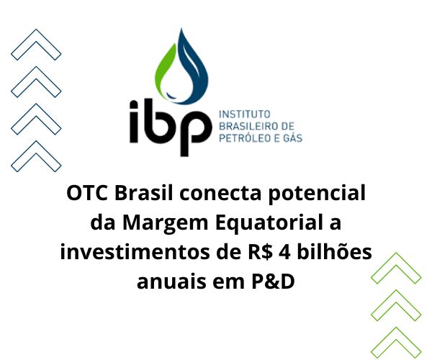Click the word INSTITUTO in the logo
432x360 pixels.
(x=243, y=114)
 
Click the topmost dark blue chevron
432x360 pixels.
(x=36, y=45)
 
